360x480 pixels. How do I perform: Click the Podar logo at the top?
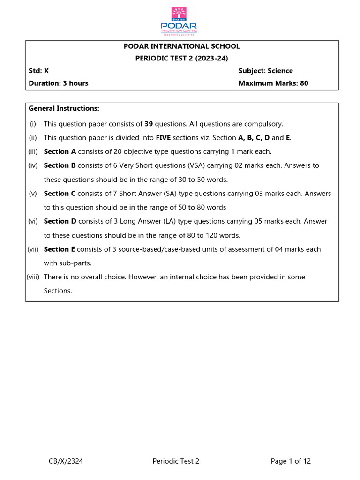[x=179, y=21]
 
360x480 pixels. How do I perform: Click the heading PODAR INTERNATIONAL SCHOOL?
[x=181, y=46]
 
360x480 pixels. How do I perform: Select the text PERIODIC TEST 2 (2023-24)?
[x=181, y=59]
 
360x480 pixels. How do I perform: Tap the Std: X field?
[x=38, y=71]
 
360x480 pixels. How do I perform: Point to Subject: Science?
[x=265, y=71]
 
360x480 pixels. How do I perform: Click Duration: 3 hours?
[x=58, y=83]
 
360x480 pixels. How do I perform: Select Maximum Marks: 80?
[x=273, y=83]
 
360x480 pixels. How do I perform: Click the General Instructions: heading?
[x=64, y=108]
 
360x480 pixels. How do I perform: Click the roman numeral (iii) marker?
[x=33, y=152]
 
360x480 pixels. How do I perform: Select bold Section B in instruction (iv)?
[x=60, y=165]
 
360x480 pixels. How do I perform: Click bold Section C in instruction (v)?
[x=60, y=194]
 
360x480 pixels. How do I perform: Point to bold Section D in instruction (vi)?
[x=60, y=221]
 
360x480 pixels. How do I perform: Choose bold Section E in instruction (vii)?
[x=60, y=249]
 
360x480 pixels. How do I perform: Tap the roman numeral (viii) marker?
[x=32, y=277]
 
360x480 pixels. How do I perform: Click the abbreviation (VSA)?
[x=199, y=165]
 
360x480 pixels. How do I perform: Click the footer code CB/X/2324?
[x=66, y=461]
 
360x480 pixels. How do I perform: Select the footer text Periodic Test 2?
[x=176, y=461]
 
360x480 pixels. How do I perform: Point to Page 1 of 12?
[x=291, y=461]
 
